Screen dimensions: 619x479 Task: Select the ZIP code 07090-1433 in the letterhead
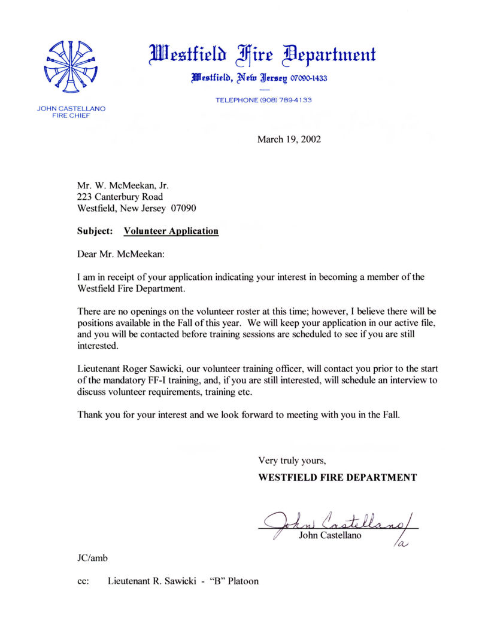click(x=309, y=78)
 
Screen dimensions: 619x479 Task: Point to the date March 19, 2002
click(x=289, y=139)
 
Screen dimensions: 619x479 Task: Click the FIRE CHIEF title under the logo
click(x=71, y=115)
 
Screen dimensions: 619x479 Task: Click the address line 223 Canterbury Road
click(x=120, y=197)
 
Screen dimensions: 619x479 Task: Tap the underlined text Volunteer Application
click(x=171, y=231)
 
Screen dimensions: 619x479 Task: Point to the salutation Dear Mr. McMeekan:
click(x=120, y=254)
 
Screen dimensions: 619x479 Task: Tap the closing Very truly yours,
click(x=292, y=461)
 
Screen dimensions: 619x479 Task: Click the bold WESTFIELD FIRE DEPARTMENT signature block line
click(x=337, y=477)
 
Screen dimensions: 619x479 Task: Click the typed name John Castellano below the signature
click(x=330, y=535)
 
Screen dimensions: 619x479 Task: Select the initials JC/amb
click(x=89, y=558)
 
